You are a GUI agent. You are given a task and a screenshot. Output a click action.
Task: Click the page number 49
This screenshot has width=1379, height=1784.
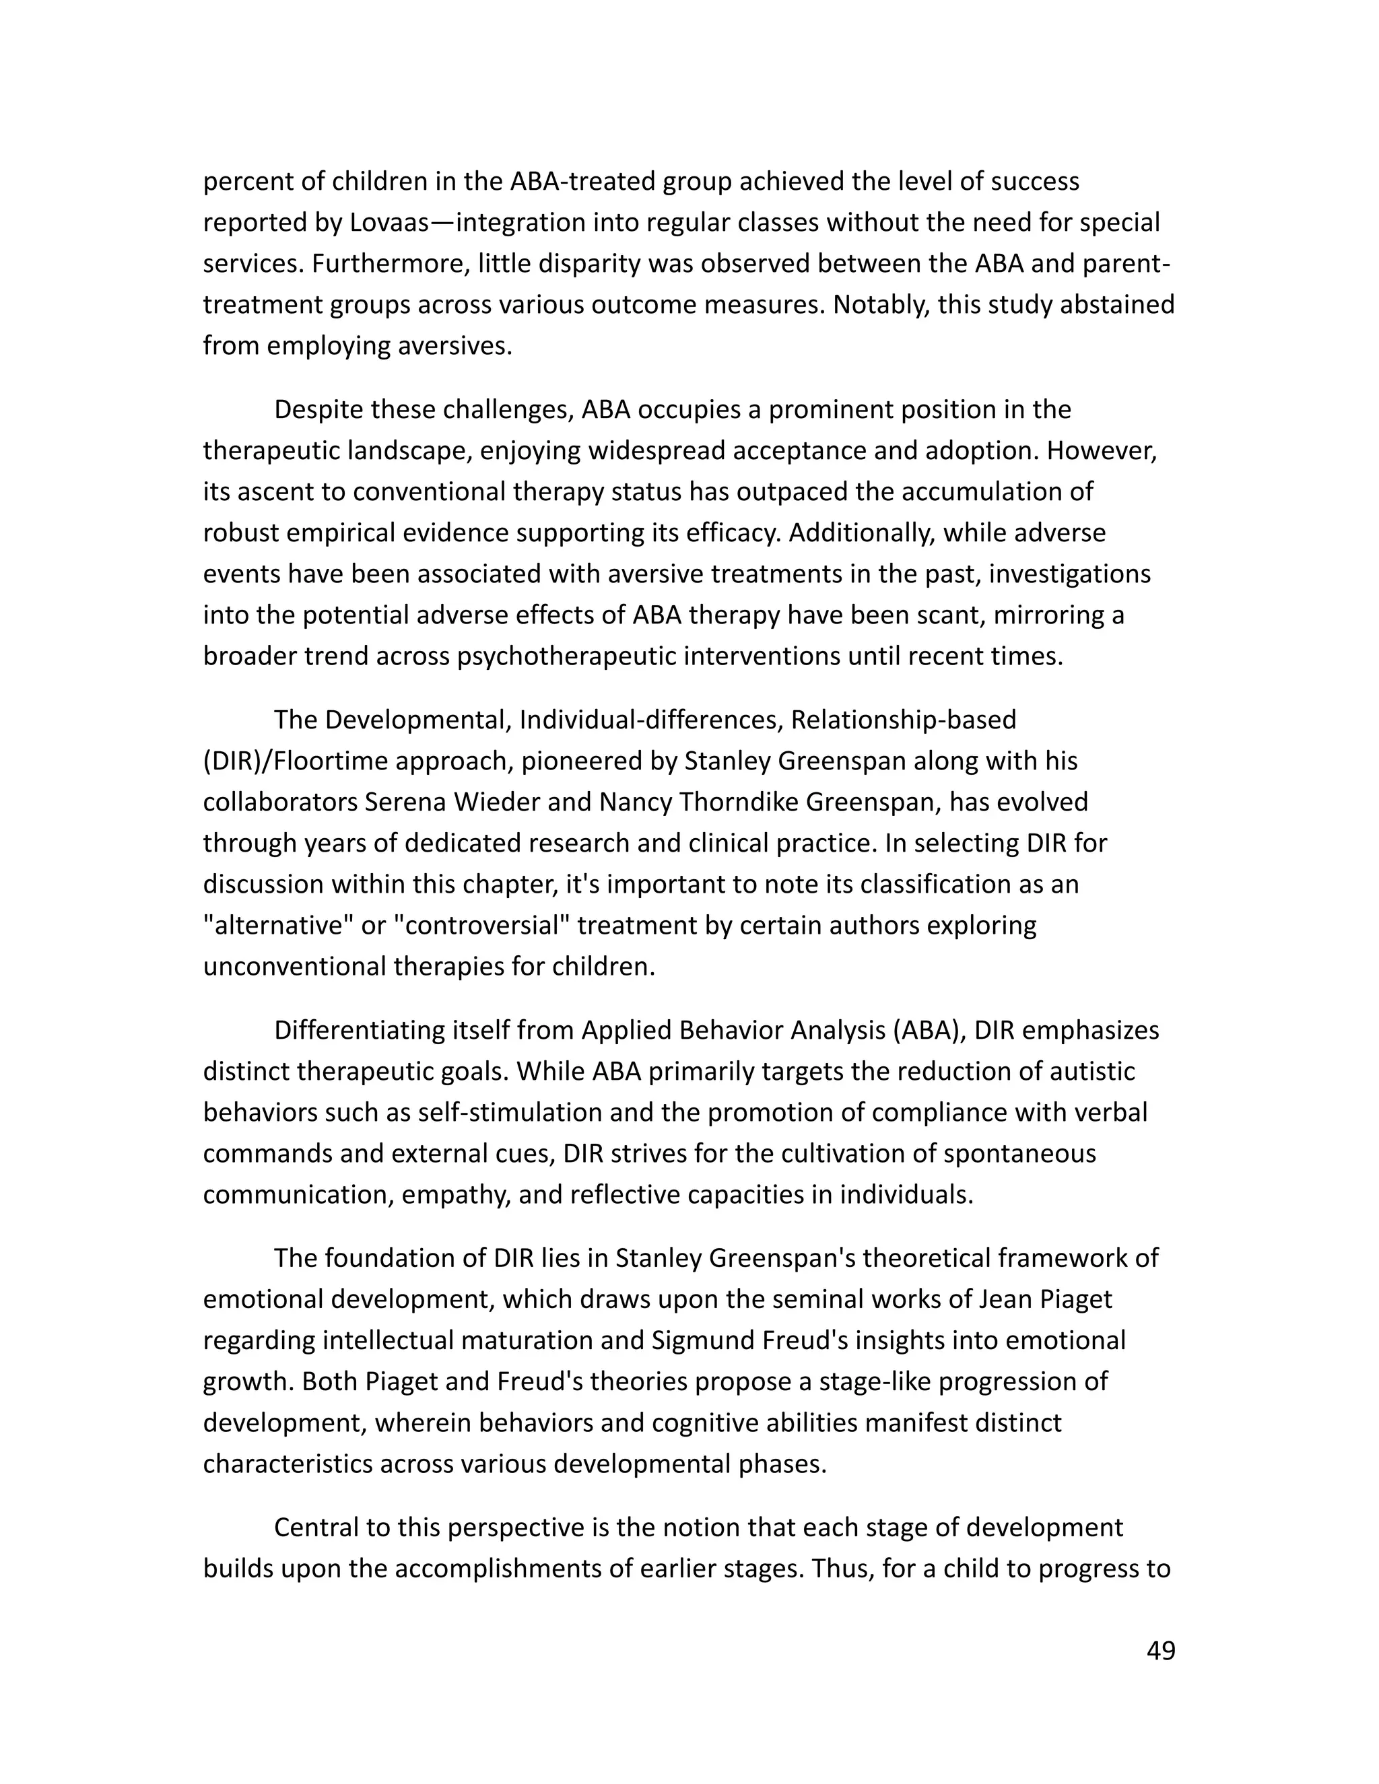tap(1161, 1651)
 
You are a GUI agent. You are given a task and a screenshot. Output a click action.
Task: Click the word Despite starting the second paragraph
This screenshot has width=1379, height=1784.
tap(318, 409)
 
